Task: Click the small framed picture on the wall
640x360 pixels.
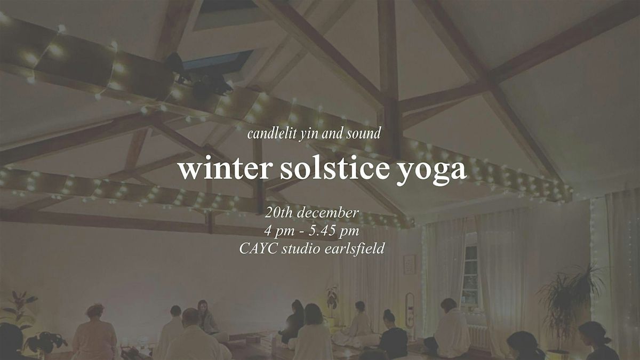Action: (x=410, y=263)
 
